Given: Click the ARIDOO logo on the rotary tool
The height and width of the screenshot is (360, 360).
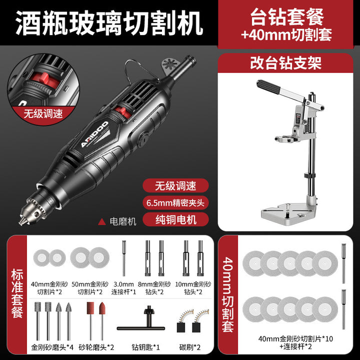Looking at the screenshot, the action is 94,134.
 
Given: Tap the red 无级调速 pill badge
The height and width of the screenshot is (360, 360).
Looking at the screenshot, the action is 175,185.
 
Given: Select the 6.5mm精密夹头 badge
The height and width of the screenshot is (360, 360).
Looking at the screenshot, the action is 175,202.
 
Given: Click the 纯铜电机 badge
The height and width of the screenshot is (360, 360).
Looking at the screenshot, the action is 175,219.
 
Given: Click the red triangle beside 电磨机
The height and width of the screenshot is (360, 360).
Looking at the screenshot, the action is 101,221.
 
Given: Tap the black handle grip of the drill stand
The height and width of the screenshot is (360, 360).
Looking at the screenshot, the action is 268,86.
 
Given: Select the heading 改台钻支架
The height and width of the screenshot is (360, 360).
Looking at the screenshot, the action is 285,63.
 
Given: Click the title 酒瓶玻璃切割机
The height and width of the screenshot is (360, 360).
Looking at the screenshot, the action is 109,23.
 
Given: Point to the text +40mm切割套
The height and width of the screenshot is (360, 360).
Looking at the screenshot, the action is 286,35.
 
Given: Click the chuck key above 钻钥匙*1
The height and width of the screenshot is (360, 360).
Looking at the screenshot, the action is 141,321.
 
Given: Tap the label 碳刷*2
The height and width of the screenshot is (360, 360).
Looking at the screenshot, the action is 189,347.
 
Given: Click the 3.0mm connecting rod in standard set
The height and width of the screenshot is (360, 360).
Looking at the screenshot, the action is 124,258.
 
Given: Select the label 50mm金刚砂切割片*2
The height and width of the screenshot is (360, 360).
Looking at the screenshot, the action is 90,288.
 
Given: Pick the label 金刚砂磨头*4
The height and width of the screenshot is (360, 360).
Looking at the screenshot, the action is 52,347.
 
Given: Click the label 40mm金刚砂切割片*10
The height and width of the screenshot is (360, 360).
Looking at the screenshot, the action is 295,339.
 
